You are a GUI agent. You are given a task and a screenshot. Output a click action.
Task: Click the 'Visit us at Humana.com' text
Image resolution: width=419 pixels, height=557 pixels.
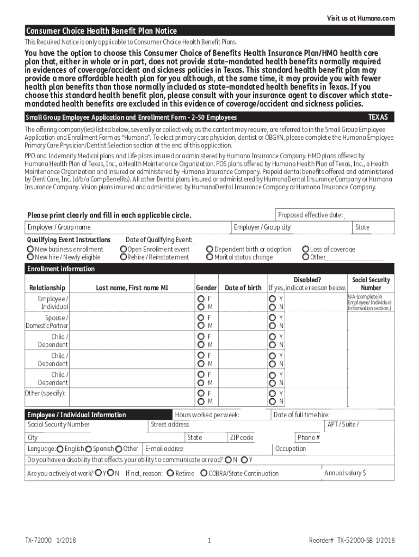(361, 18)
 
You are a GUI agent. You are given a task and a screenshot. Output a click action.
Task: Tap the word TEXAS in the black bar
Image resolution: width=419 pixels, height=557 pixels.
(378, 117)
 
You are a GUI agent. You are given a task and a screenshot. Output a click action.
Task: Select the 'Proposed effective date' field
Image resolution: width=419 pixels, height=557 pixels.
(334, 215)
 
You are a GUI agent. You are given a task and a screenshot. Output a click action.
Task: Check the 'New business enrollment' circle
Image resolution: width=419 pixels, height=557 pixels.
(30, 250)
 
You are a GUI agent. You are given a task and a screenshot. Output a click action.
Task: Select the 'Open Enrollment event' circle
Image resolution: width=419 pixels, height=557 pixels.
(124, 250)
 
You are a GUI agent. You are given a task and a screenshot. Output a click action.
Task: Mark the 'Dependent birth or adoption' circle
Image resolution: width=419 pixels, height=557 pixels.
(209, 250)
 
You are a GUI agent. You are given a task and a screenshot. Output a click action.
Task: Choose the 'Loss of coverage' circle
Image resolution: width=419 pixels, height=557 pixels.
(306, 250)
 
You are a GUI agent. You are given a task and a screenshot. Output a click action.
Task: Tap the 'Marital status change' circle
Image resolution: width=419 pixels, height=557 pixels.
(209, 257)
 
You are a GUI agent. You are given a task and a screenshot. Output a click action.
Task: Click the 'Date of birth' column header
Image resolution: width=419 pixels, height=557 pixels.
(243, 288)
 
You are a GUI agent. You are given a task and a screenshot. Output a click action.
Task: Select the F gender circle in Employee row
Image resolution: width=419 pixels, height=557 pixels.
(201, 299)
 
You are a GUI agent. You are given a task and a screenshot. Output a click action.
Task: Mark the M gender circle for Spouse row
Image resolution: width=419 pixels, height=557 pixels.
(201, 326)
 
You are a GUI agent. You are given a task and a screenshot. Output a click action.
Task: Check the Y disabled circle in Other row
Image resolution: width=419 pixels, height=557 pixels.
(272, 393)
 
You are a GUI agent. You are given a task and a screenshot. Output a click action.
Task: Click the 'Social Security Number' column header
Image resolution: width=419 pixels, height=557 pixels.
(371, 284)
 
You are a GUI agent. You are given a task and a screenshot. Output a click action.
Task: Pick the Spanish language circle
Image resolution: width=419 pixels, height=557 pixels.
(88, 449)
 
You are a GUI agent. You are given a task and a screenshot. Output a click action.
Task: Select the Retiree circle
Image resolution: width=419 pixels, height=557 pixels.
(170, 473)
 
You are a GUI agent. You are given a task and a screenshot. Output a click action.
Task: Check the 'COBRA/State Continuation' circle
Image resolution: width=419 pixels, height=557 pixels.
(204, 473)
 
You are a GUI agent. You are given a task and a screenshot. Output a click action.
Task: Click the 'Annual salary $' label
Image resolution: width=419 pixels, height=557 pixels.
(345, 473)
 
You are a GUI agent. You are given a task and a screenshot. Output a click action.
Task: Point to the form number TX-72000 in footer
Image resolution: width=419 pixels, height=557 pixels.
(38, 540)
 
